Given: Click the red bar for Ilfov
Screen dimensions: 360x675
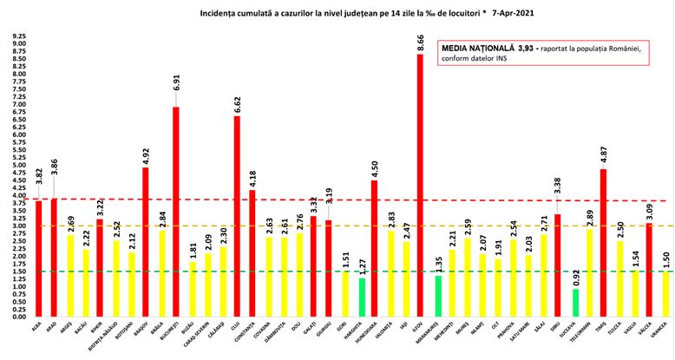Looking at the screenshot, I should [420, 186].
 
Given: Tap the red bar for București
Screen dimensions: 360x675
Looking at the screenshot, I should [175, 212].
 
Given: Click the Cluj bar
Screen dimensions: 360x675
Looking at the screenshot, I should [237, 216].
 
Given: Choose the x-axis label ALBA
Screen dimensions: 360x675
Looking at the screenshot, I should [36, 328].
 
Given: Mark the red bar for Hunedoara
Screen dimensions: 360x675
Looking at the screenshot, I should [374, 248].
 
